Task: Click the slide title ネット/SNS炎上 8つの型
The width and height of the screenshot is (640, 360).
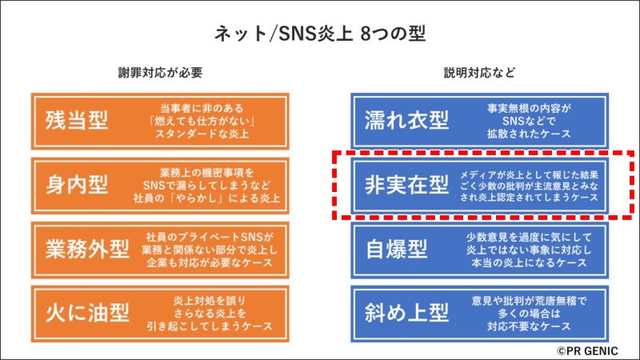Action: pyautogui.click(x=320, y=34)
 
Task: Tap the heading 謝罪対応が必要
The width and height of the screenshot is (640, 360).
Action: pyautogui.click(x=161, y=73)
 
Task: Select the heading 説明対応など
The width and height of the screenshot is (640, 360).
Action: pyautogui.click(x=479, y=73)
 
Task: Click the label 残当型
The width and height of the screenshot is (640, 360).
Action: pyautogui.click(x=77, y=121)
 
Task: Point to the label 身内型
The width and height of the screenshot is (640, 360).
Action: pyautogui.click(x=77, y=185)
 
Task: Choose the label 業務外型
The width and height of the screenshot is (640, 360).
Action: pyautogui.click(x=87, y=249)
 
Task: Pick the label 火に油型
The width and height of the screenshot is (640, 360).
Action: pyautogui.click(x=87, y=313)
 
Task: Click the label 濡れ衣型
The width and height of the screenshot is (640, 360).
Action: pyautogui.click(x=406, y=121)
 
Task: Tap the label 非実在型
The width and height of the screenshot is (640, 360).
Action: pyautogui.click(x=406, y=185)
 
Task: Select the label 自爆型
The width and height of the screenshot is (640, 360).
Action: pyautogui.click(x=396, y=249)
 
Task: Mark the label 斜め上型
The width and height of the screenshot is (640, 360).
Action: pyautogui.click(x=406, y=313)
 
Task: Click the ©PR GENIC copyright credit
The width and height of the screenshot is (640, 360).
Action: pyautogui.click(x=587, y=351)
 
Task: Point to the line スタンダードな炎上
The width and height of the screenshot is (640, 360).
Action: pyautogui.click(x=202, y=134)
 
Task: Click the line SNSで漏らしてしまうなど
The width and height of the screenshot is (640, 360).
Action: pyautogui.click(x=206, y=186)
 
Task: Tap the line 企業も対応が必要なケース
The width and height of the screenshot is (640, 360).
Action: pyautogui.click(x=210, y=262)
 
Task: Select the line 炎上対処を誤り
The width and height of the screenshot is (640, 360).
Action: pyautogui.click(x=210, y=301)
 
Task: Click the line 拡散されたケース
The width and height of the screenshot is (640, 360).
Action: pyautogui.click(x=529, y=134)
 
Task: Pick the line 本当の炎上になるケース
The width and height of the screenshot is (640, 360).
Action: pyautogui.click(x=529, y=262)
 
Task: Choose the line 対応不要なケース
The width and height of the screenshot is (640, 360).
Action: pyautogui.click(x=529, y=326)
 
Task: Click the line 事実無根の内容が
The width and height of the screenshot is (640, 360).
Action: pyautogui.click(x=529, y=108)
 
